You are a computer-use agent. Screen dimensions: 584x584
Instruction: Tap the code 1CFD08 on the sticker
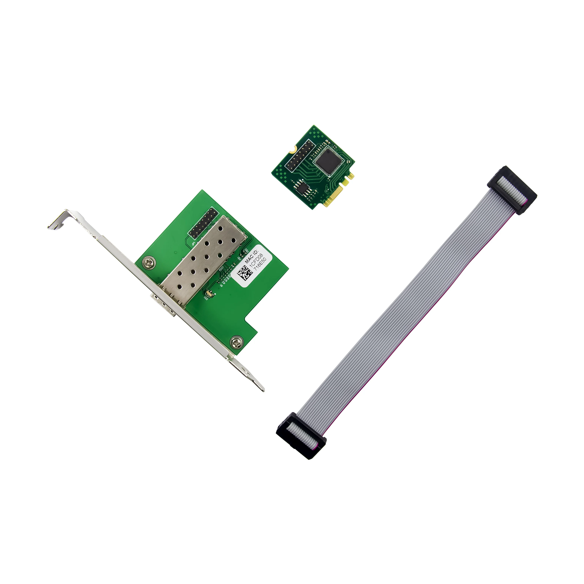[x=256, y=260]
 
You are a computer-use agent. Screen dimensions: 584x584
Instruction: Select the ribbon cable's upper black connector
[x=512, y=190]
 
